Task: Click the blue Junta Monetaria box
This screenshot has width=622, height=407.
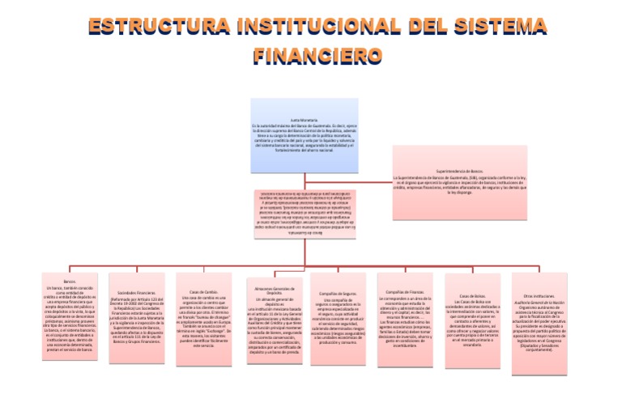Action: click(x=304, y=135)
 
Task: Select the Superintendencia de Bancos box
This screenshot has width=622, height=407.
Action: click(x=460, y=182)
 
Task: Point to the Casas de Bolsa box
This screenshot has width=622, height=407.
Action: click(x=472, y=316)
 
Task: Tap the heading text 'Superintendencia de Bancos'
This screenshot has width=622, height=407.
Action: click(x=460, y=172)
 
